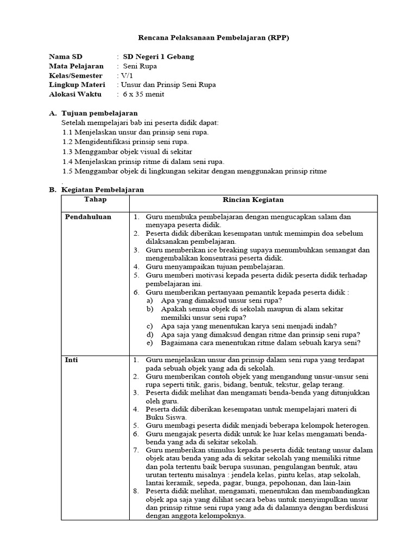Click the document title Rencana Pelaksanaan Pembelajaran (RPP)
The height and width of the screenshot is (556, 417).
pos(208,37)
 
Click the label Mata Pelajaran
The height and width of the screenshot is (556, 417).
pos(76,66)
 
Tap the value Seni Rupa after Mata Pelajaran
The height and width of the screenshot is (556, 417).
pos(140,66)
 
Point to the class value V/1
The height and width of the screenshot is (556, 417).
pos(126,75)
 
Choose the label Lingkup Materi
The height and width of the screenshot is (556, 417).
pos(77,85)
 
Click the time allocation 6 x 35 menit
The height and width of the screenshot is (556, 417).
pos(143,94)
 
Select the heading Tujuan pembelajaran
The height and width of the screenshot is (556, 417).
pos(99,113)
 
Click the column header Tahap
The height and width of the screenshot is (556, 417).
pos(96,200)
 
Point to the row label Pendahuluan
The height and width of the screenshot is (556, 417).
pos(88,217)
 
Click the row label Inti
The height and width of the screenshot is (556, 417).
pos(72,360)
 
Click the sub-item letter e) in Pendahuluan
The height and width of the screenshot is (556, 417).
pos(149,343)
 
